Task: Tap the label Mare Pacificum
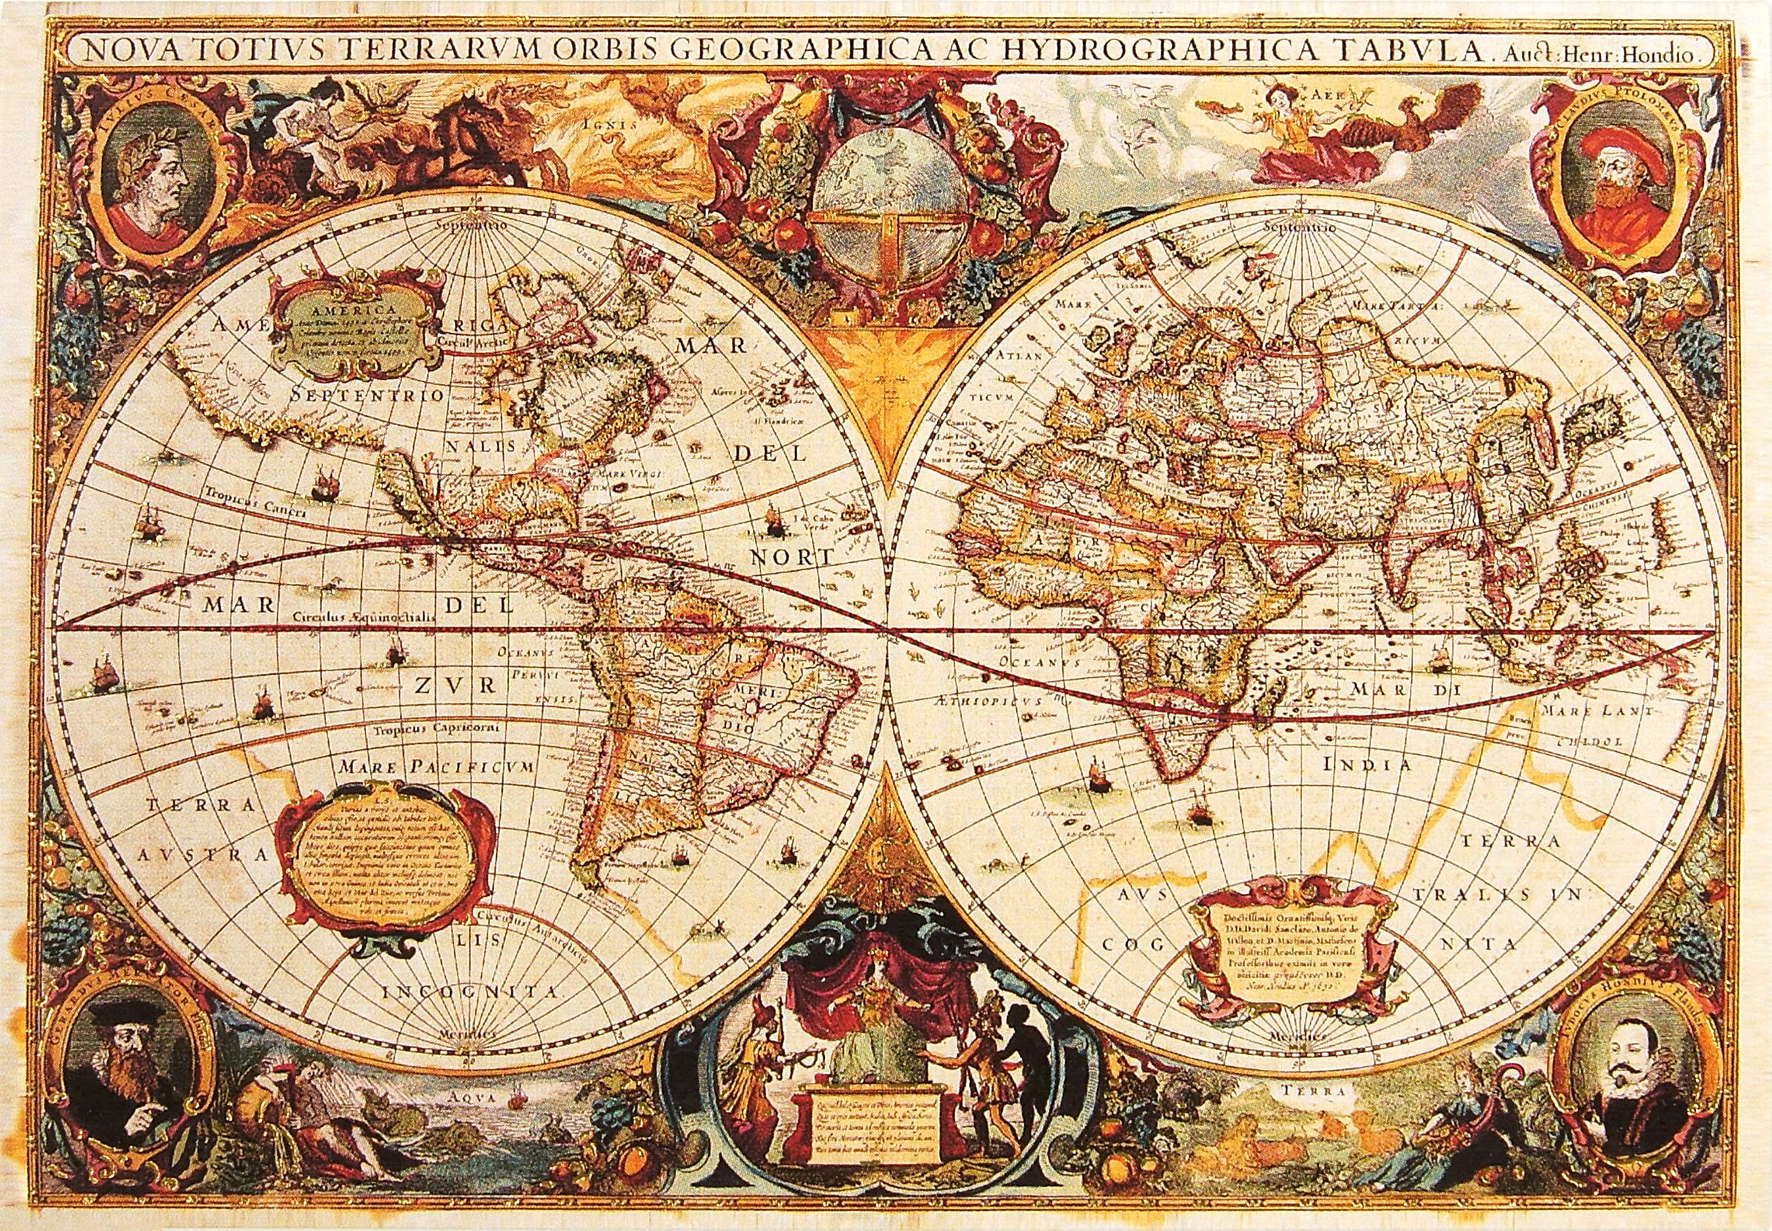[437, 767]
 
